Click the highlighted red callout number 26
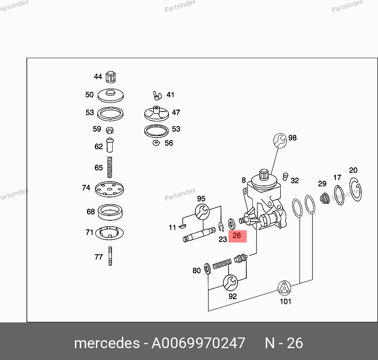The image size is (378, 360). pyautogui.click(x=237, y=235)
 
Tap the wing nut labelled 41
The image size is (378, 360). pyautogui.click(x=157, y=95)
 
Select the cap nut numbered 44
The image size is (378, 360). pyautogui.click(x=111, y=77)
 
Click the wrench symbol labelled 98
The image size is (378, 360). pyautogui.click(x=280, y=140)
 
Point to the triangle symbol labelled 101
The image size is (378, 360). pyautogui.click(x=284, y=288)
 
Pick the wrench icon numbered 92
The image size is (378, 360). pyautogui.click(x=230, y=282)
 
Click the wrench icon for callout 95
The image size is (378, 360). pyautogui.click(x=202, y=212)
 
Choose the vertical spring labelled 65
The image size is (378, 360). pyautogui.click(x=110, y=167)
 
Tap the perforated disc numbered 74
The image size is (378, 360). pyautogui.click(x=110, y=189)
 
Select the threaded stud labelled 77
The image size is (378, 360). pyautogui.click(x=110, y=256)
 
